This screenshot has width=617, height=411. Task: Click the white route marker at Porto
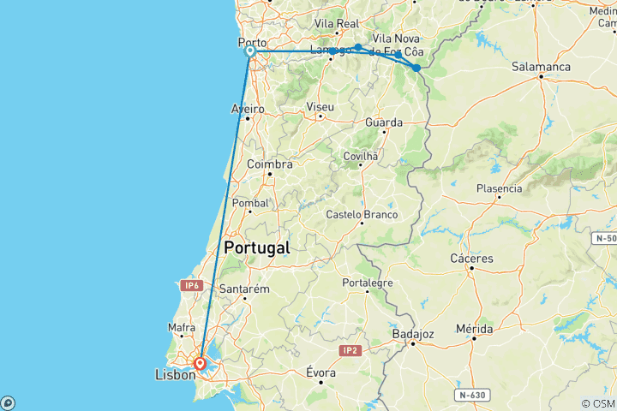click(250, 51)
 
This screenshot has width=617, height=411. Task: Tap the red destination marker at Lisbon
click(201, 363)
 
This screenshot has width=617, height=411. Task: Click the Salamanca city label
click(541, 66)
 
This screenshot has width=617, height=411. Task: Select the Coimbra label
click(269, 164)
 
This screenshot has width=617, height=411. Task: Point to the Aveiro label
click(247, 109)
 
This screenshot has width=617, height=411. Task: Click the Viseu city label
click(320, 105)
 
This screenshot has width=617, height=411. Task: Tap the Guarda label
click(384, 122)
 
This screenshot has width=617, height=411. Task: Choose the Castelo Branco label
click(362, 214)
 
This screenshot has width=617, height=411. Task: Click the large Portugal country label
click(256, 247)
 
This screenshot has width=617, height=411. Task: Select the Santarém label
click(245, 289)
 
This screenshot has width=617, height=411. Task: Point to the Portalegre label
click(368, 283)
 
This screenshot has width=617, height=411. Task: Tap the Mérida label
click(474, 329)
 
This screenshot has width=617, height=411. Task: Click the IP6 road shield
click(191, 285)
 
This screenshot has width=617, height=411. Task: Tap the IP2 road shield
click(349, 350)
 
